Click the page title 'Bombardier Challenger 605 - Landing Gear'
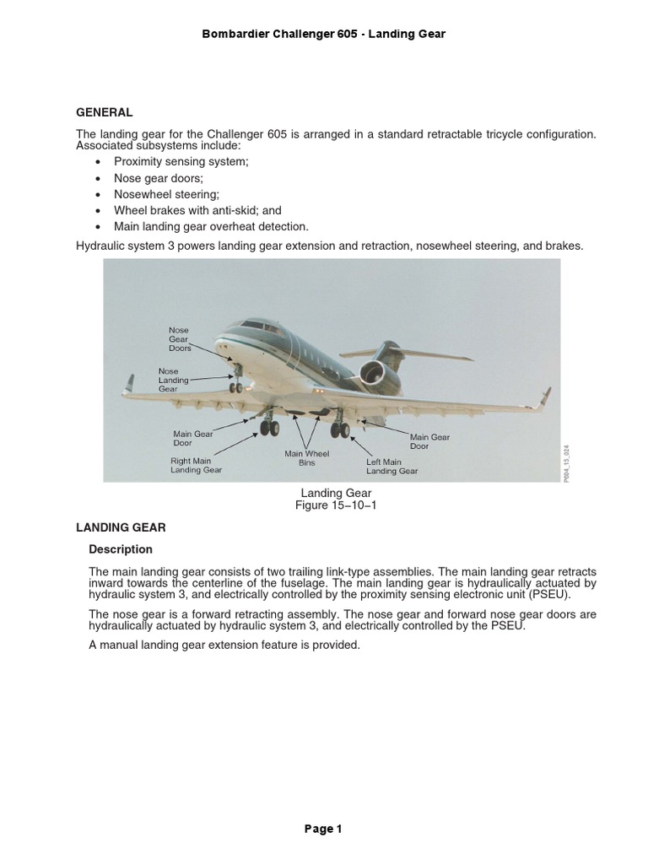pyautogui.click(x=324, y=34)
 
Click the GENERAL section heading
pyautogui.click(x=105, y=112)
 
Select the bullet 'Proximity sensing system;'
pyautogui.click(x=181, y=162)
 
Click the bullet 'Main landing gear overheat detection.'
pyautogui.click(x=212, y=226)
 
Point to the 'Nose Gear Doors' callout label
pyautogui.click(x=180, y=339)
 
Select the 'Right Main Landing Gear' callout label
pyautogui.click(x=196, y=466)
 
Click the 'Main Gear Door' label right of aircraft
pyautogui.click(x=431, y=441)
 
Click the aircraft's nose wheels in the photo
pyautogui.click(x=236, y=387)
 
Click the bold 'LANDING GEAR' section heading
pyautogui.click(x=121, y=527)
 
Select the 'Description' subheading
pyautogui.click(x=121, y=549)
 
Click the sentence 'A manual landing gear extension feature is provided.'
pyautogui.click(x=224, y=645)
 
